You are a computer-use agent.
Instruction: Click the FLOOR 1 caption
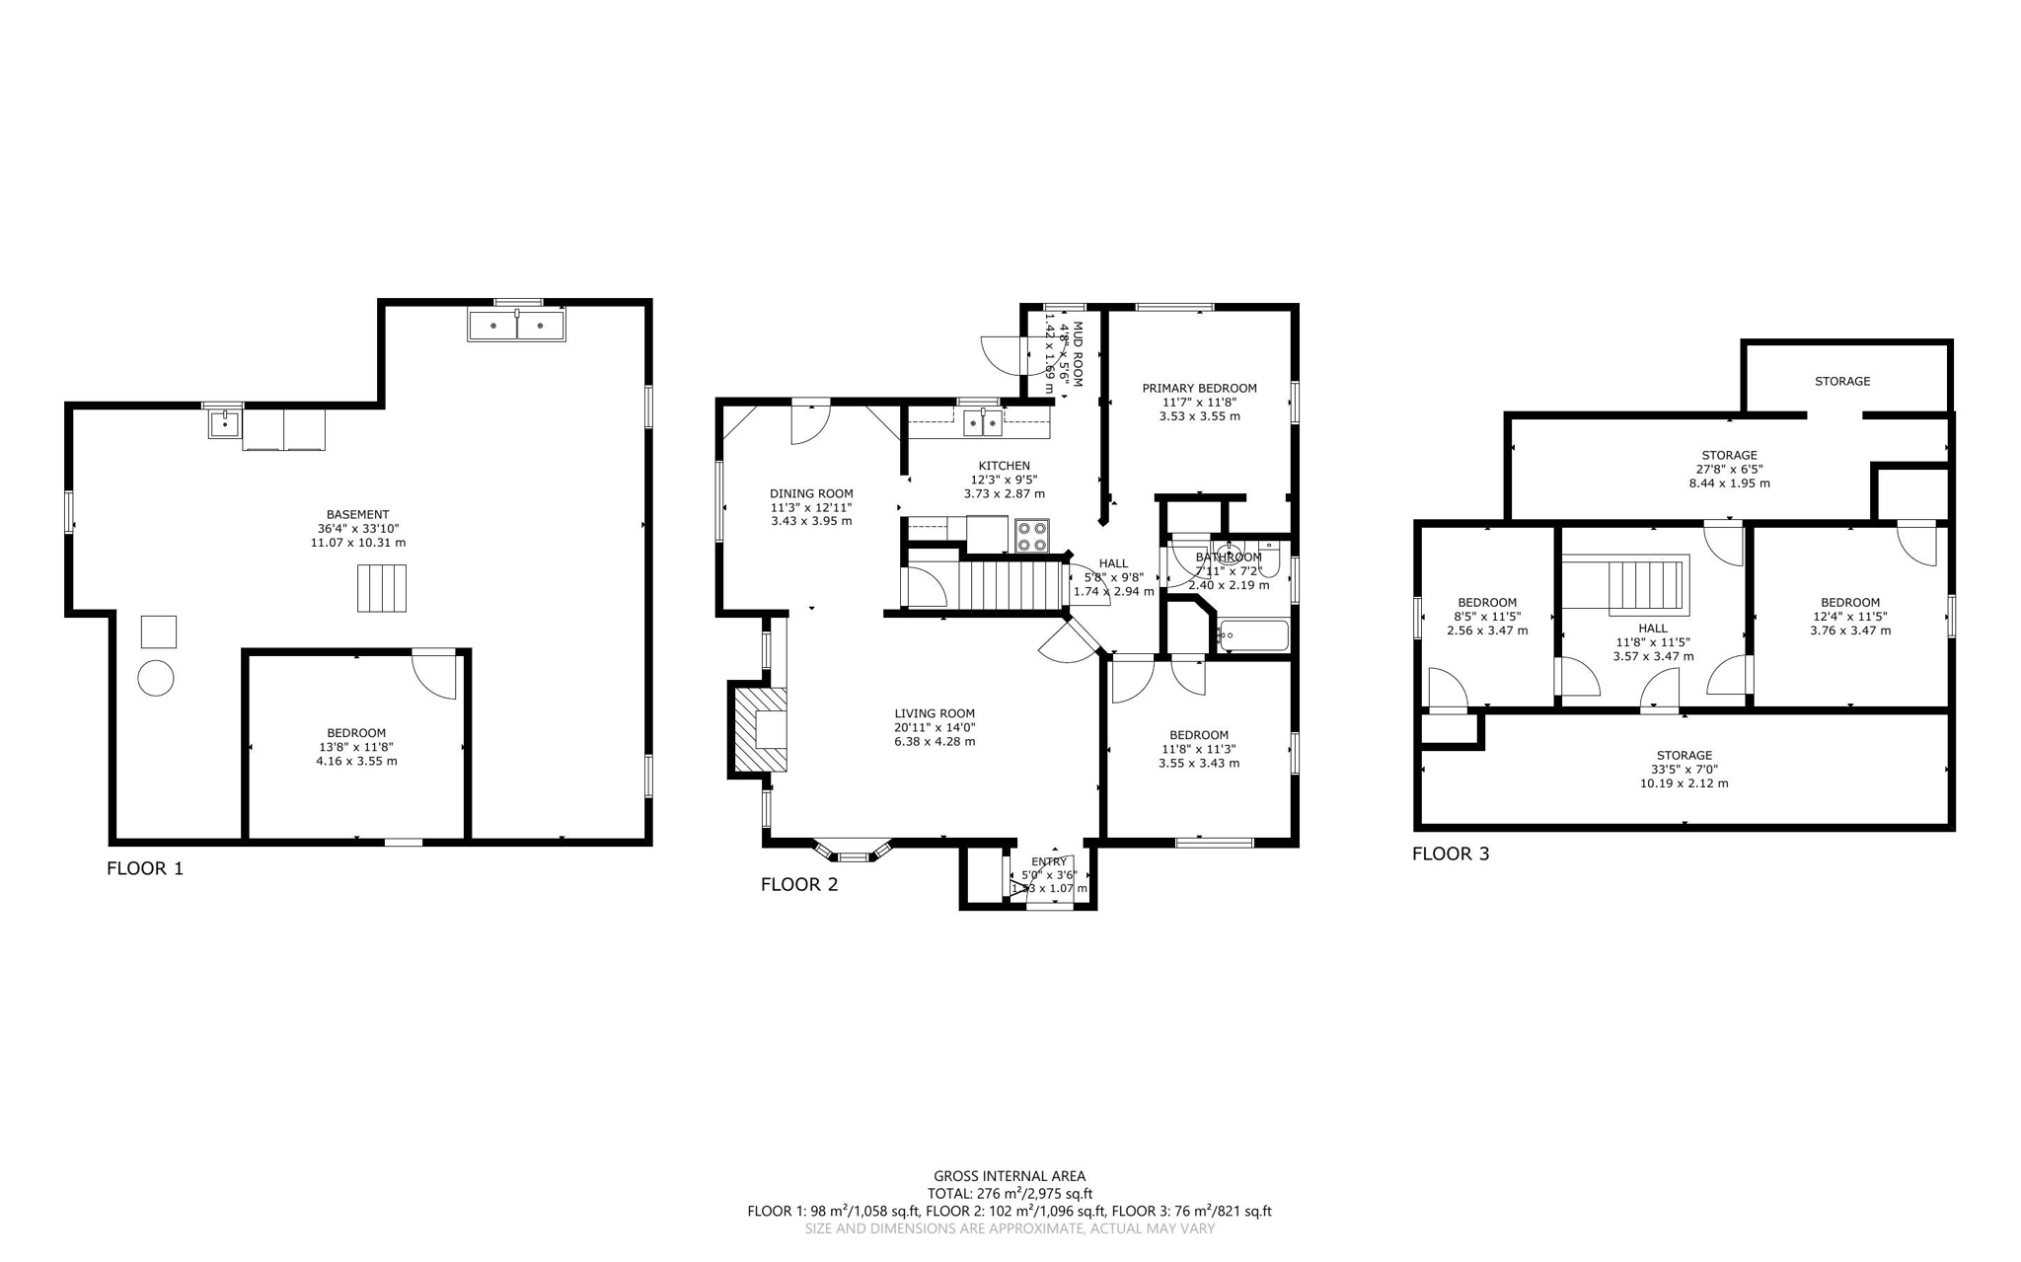coord(145,868)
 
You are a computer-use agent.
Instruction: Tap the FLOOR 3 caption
coord(1451,854)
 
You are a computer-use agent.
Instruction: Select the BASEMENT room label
coord(357,514)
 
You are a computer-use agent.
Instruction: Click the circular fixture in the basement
coord(156,678)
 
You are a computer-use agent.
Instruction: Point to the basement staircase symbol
coord(382,588)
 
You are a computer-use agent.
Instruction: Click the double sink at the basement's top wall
coord(516,325)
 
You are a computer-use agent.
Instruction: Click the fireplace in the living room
coord(761,729)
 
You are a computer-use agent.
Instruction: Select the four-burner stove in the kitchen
coord(1032,536)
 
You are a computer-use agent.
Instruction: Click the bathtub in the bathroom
coord(1253,635)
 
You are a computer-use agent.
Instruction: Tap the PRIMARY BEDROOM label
coord(1199,388)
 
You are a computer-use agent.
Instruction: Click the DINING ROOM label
coord(811,493)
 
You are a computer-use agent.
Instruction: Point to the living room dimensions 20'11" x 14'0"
coord(935,727)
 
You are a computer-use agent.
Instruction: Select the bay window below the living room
coord(853,851)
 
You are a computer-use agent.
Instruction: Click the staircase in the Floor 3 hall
coord(1646,586)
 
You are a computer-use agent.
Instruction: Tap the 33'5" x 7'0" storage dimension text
coord(1684,770)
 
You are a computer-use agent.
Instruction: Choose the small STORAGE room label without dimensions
coord(1841,381)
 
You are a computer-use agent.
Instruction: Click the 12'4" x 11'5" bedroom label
coord(1849,602)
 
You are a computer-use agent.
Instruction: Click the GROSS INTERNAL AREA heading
coord(1010,1175)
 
